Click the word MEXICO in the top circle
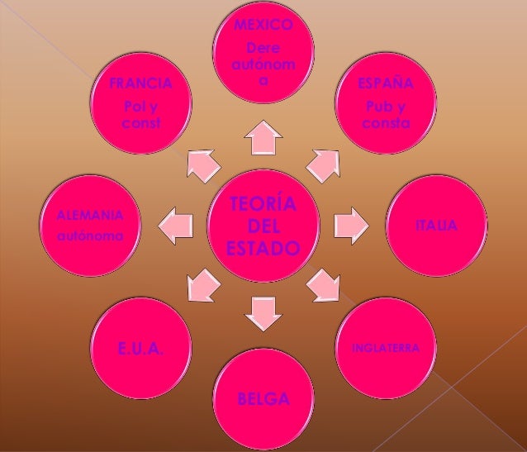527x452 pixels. (x=263, y=25)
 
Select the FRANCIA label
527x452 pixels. (x=141, y=84)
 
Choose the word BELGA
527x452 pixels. (x=263, y=401)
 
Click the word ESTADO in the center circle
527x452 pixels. (x=263, y=248)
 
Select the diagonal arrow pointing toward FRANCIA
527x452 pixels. (x=202, y=164)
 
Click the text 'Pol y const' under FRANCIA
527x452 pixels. (x=140, y=115)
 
